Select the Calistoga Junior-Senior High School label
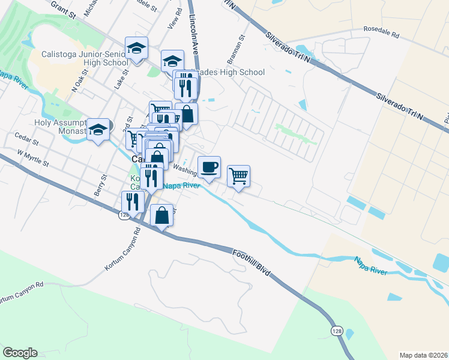point(84,58)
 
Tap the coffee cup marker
point(209,167)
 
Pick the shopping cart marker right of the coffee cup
point(238,176)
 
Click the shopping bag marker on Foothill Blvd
point(162,215)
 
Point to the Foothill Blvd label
point(252,265)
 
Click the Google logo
point(20,353)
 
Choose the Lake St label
point(119,81)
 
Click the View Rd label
point(175,20)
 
